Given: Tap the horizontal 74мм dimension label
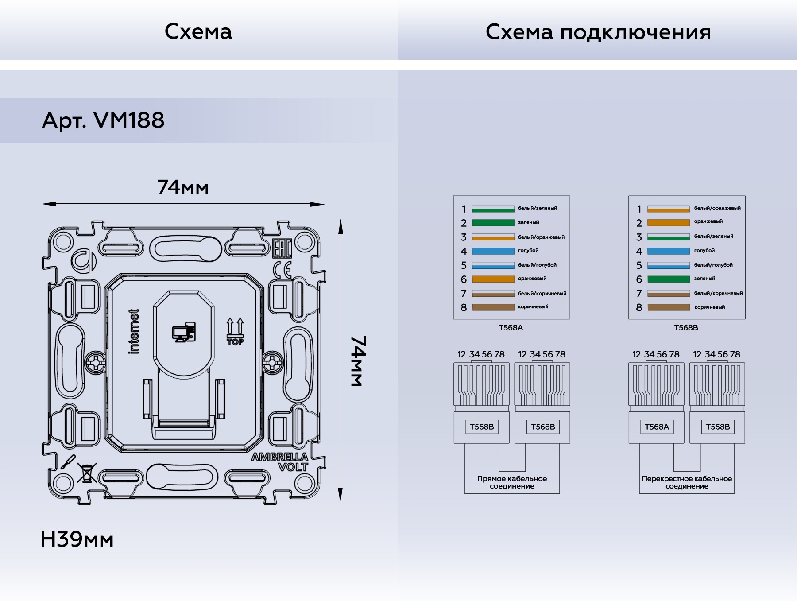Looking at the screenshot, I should [183, 188].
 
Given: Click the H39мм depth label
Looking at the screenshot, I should [77, 539].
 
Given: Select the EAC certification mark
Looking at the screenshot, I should [282, 249].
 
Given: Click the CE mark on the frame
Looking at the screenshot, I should [282, 270].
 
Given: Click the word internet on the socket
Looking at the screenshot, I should [134, 331].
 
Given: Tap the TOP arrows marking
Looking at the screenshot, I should [235, 331].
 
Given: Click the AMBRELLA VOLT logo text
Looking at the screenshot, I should [280, 462].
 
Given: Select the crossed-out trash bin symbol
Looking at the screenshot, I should [87, 473].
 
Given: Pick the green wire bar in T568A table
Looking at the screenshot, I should [493, 223].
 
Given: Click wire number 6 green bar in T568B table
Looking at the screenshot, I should [668, 279].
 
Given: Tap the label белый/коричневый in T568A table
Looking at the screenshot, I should [542, 293].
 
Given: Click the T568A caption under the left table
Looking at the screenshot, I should [511, 328].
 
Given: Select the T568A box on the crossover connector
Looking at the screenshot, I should [657, 427].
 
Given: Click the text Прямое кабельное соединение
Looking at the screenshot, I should [512, 482].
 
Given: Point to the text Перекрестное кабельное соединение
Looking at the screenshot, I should [687, 482].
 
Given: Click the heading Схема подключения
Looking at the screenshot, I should [598, 32].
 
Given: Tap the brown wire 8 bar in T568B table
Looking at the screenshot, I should [668, 307].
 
